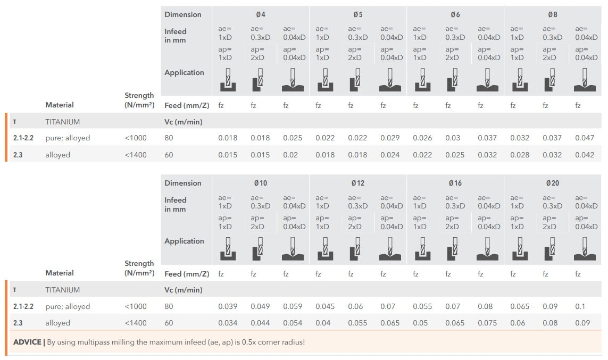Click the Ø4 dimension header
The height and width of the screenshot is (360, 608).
click(x=260, y=14)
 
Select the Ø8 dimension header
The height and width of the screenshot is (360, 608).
click(x=552, y=14)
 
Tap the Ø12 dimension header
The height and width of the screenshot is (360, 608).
click(x=357, y=183)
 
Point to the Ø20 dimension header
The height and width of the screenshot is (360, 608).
click(x=552, y=183)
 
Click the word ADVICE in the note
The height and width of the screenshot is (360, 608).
click(x=28, y=342)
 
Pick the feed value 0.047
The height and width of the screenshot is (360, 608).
click(x=585, y=138)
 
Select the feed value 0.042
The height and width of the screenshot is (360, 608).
click(x=585, y=155)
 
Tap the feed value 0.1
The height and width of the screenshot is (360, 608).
click(x=579, y=306)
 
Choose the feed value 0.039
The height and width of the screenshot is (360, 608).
click(x=228, y=306)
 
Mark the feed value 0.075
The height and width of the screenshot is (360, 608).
click(x=487, y=323)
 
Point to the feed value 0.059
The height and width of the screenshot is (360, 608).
click(x=293, y=306)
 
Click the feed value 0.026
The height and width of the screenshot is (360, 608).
click(x=422, y=138)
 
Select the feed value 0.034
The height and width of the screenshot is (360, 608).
click(x=228, y=323)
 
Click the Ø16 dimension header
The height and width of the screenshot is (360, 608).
click(x=455, y=183)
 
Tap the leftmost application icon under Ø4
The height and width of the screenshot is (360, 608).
click(x=228, y=79)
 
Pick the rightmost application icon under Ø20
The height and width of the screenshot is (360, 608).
click(x=585, y=248)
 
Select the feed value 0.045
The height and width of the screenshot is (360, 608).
click(x=325, y=306)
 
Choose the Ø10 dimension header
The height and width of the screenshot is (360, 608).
click(x=260, y=183)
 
